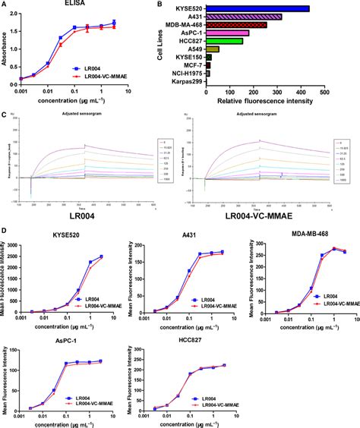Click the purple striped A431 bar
tap(243, 17)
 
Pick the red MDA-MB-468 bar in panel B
tap(235, 25)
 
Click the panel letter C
tap(5, 115)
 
